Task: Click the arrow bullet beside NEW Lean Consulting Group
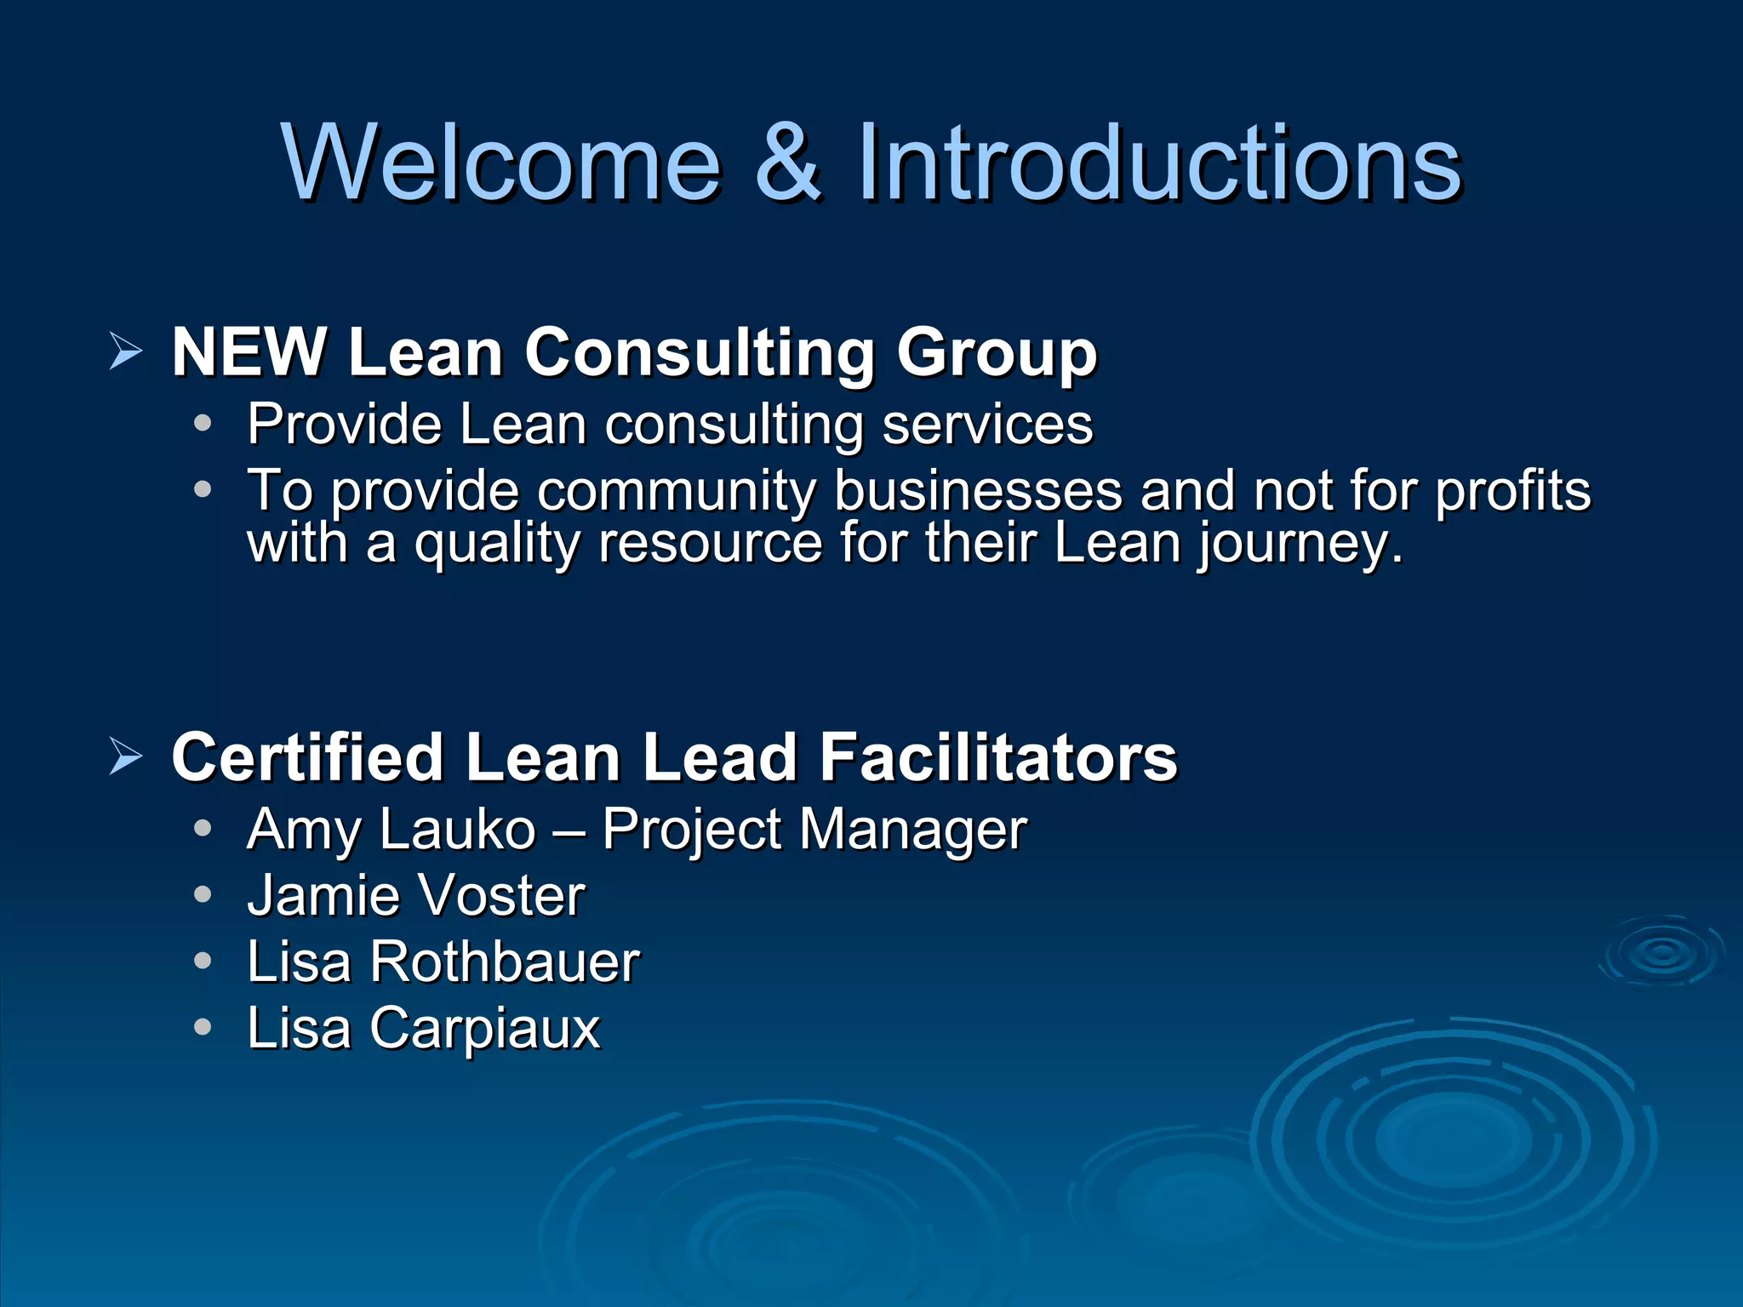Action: point(126,351)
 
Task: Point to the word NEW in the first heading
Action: point(249,351)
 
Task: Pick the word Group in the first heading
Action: point(997,353)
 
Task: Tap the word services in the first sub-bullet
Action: point(987,424)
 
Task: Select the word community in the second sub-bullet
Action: point(677,492)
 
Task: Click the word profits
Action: point(1512,492)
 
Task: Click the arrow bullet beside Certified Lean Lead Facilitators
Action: point(126,756)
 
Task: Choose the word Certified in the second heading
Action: point(307,756)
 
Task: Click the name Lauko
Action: point(458,829)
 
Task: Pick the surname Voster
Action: point(502,895)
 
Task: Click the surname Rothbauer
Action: point(505,962)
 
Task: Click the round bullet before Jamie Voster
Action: point(203,894)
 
